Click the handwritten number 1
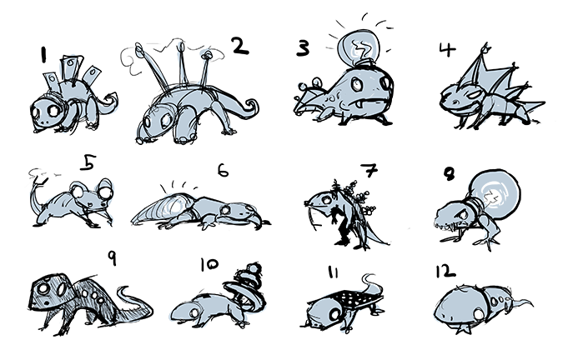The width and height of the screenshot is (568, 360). click(x=44, y=55)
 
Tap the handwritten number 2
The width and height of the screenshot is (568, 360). click(x=240, y=46)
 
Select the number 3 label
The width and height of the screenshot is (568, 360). click(x=303, y=48)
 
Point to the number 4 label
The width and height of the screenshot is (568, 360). click(x=447, y=49)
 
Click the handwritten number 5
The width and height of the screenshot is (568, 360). click(x=88, y=162)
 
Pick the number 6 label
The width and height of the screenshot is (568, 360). click(x=224, y=170)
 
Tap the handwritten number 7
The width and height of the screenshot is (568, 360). click(x=369, y=170)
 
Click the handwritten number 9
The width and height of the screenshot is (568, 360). click(x=113, y=258)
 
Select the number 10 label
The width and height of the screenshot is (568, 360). click(x=209, y=264)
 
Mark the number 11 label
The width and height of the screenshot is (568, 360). click(x=333, y=272)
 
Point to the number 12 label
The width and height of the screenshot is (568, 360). click(x=445, y=271)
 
